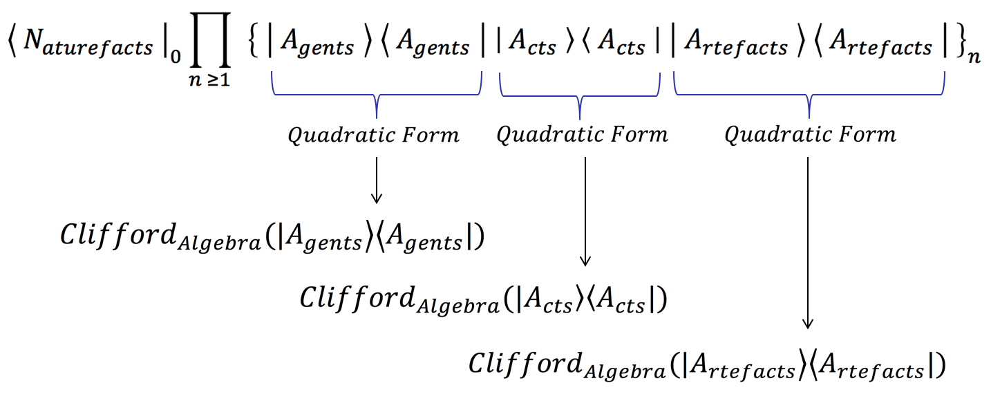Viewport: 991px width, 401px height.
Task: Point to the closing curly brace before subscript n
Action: [957, 44]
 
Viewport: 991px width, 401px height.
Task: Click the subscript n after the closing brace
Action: [974, 57]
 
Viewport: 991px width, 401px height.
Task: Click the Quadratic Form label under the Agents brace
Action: [373, 135]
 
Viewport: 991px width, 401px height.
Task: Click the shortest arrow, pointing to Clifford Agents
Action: [376, 180]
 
